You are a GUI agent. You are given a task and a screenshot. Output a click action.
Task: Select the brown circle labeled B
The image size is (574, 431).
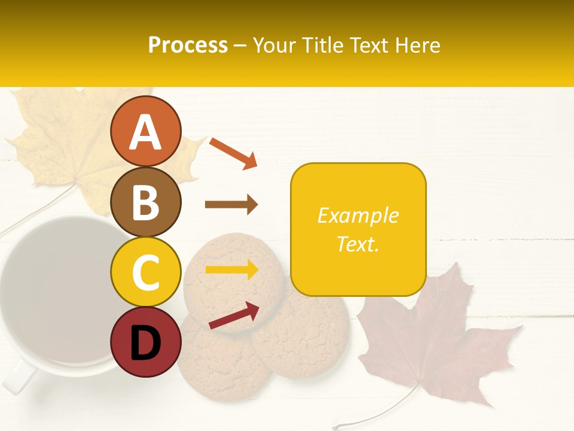point(145,202)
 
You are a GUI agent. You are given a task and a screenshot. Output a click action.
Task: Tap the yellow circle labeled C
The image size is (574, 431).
point(145,272)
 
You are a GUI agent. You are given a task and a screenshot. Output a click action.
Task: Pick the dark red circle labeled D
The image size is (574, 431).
point(145,342)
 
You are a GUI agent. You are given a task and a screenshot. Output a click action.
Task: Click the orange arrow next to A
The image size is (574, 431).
point(233,153)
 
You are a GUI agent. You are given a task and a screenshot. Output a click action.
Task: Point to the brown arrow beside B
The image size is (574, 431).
point(231,205)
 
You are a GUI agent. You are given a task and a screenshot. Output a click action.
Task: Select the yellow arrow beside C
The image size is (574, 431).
point(231,269)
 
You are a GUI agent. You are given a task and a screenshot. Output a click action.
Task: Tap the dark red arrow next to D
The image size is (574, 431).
point(234,315)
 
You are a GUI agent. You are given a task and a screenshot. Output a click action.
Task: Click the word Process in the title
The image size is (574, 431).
point(188,45)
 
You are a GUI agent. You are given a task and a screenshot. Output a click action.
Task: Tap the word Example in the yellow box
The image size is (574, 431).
point(358,215)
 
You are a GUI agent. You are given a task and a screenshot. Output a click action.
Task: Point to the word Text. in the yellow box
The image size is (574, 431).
point(358,244)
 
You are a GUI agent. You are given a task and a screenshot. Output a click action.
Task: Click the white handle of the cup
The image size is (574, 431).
point(18,377)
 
